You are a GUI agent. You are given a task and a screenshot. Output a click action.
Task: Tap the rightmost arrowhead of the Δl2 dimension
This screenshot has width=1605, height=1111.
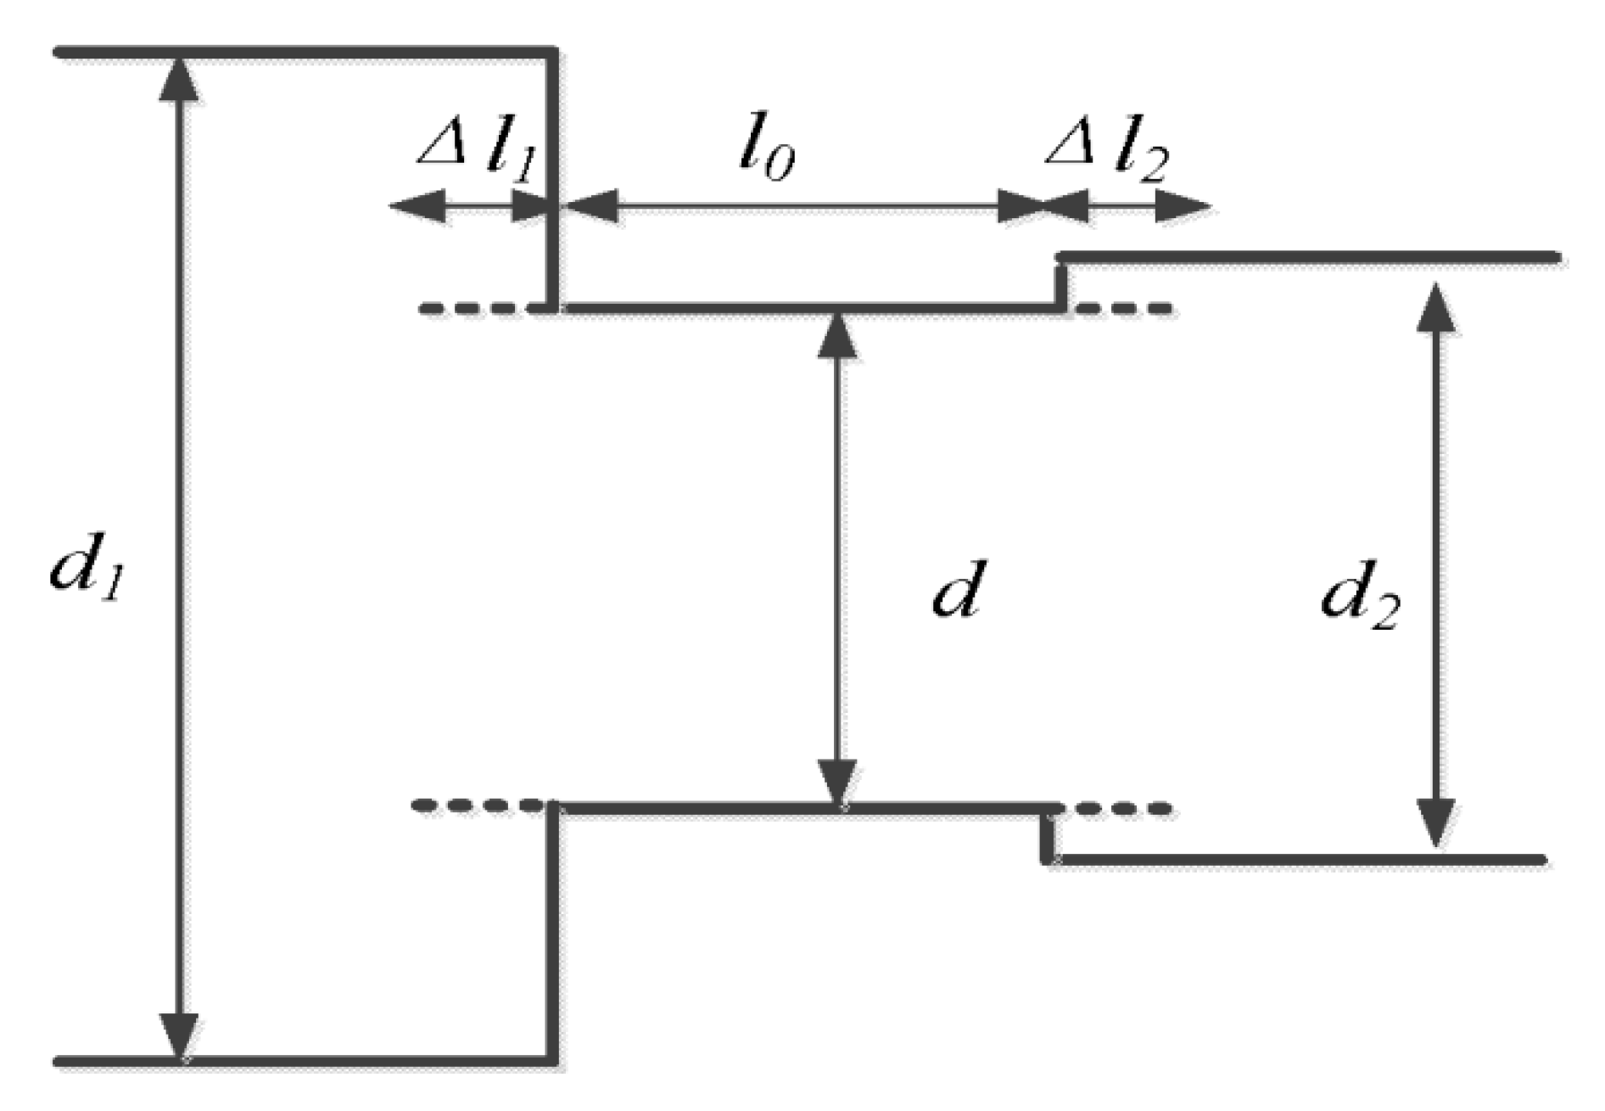[x=1184, y=206]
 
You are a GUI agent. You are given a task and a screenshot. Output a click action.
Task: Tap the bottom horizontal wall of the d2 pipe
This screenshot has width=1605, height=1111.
[x=1298, y=861]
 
